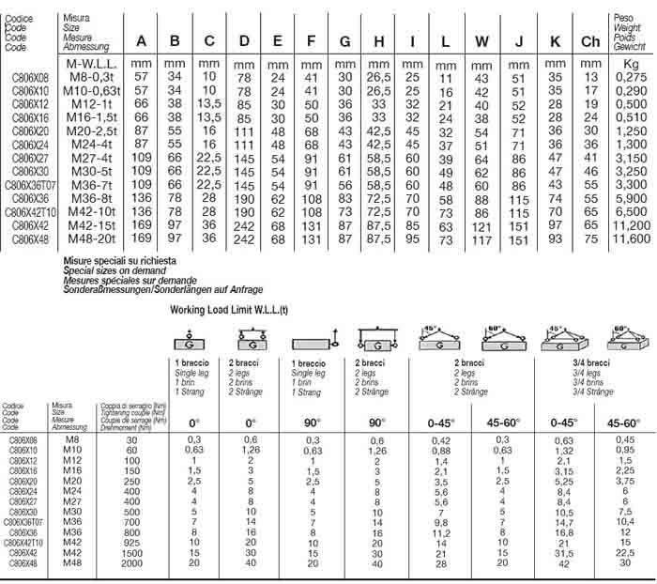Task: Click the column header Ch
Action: pos(590,41)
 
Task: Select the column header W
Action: pos(481,41)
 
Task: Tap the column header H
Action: pos(378,41)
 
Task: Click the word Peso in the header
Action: pos(623,18)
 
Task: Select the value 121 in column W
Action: pos(481,227)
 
